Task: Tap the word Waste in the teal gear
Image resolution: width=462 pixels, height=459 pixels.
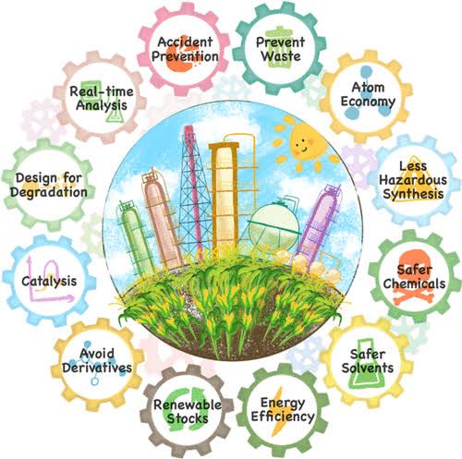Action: [x=281, y=56]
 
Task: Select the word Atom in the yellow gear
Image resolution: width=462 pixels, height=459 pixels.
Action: [x=368, y=87]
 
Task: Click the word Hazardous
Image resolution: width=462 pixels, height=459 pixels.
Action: [x=413, y=180]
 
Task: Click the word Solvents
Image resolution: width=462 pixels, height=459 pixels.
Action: [x=368, y=368]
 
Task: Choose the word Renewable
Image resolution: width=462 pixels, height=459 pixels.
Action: [x=188, y=405]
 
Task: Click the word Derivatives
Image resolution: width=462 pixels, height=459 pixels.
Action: [x=97, y=368]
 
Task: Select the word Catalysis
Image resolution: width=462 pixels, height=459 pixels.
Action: [x=49, y=281]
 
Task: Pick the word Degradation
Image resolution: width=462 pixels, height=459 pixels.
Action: [x=49, y=192]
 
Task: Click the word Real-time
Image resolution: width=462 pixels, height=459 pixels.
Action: [x=102, y=91]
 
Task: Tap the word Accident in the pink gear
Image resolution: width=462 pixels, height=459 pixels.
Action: [x=185, y=42]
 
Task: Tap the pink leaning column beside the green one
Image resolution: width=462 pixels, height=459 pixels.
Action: [x=162, y=219]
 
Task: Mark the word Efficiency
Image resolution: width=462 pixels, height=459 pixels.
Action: [x=283, y=417]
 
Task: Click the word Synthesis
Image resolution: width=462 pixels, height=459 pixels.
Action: [x=413, y=194]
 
